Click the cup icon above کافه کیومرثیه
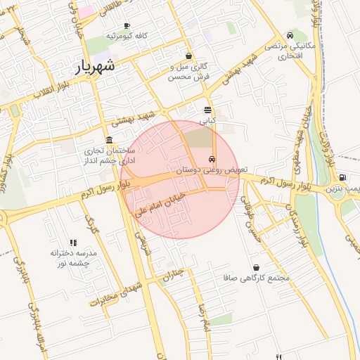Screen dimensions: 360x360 [127, 26]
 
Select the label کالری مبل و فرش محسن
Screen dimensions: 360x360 [188, 72]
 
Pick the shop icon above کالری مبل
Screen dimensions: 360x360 [188, 56]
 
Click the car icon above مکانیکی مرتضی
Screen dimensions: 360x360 [290, 35]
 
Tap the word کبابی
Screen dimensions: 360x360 [207, 121]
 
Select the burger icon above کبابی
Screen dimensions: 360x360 [207, 110]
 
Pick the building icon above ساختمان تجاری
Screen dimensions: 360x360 [109, 139]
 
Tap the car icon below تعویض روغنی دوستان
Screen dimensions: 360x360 [212, 179]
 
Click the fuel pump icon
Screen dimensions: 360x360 [342, 178]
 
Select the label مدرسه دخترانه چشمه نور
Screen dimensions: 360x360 [73, 257]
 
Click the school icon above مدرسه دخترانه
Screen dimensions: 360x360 [73, 243]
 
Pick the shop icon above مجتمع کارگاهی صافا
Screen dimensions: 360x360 [256, 267]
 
